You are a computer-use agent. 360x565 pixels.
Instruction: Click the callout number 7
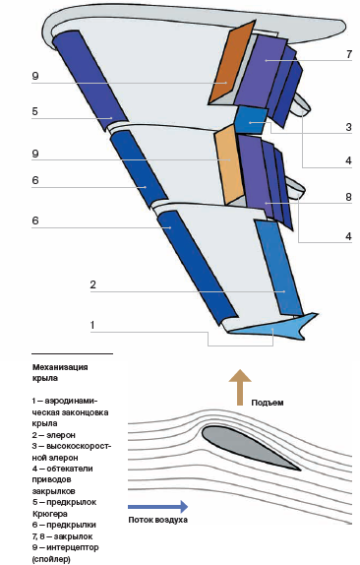tap(349, 54)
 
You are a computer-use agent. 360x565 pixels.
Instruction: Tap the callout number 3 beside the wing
tap(348, 127)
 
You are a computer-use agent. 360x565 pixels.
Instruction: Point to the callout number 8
tap(348, 197)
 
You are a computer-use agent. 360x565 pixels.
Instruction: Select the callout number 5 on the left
tap(35, 111)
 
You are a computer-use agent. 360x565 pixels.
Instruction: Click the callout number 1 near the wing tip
tap(92, 325)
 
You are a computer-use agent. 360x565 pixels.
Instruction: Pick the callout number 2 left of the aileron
tap(92, 284)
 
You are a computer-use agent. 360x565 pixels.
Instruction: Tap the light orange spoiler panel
tap(227, 164)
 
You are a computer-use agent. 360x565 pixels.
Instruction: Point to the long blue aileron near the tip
tap(279, 268)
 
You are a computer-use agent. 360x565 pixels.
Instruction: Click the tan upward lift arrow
tap(240, 388)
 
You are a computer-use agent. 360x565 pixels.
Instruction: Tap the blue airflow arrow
tap(157, 506)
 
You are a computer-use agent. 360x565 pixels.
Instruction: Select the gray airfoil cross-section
tap(251, 448)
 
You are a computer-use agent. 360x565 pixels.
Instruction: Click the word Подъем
tap(268, 403)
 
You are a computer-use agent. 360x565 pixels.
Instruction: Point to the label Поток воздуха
tap(157, 520)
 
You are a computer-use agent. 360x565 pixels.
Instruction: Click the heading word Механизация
tap(60, 367)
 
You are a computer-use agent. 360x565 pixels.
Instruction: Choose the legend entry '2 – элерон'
tap(54, 435)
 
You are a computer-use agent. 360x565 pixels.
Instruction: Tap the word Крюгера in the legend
tap(50, 514)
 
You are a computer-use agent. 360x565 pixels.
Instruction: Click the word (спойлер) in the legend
tap(51, 559)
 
